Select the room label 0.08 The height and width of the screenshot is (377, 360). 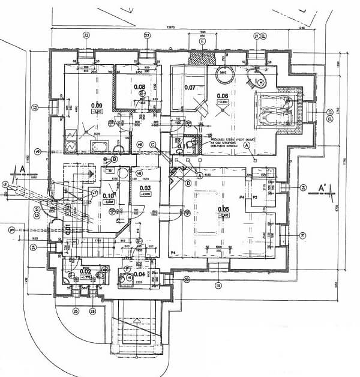pos(139,87)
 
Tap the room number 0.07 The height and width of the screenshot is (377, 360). pos(190,88)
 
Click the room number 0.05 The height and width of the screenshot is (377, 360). pos(224,211)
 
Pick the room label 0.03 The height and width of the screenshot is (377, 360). pos(145,190)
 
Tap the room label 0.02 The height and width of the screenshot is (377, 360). pos(86,271)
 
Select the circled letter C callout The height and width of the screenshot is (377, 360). pos(153,144)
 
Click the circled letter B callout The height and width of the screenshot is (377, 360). pos(113,159)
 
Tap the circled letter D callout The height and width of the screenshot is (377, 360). pos(188,183)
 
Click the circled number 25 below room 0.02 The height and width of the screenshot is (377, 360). pos(76,310)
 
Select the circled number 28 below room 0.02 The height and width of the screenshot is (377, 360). pos(93,310)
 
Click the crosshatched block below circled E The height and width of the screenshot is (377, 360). pos(203,58)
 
